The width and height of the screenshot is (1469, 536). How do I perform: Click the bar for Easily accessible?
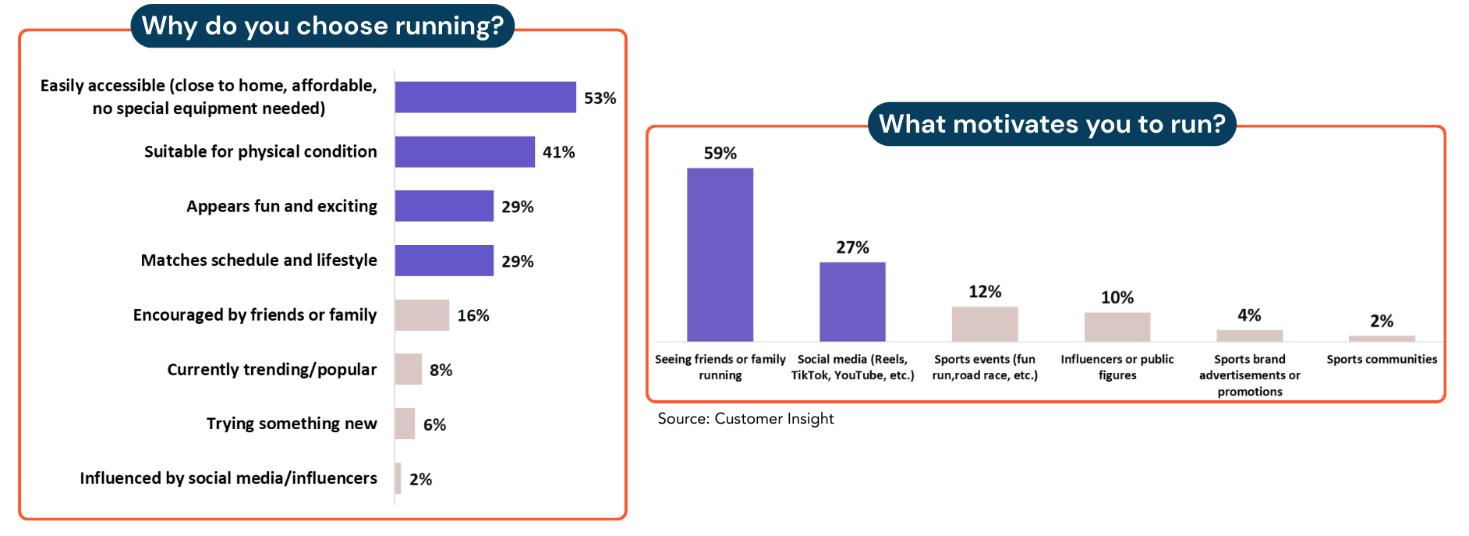click(485, 98)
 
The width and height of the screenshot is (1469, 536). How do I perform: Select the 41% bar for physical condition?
click(465, 152)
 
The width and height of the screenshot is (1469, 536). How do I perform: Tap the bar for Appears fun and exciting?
click(444, 206)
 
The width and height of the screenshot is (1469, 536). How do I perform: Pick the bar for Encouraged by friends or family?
click(422, 315)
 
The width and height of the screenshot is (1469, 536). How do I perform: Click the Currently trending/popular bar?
click(408, 369)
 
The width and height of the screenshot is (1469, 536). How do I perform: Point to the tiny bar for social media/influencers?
click(398, 478)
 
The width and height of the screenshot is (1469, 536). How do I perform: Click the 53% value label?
click(600, 98)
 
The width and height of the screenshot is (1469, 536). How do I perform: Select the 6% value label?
click(434, 424)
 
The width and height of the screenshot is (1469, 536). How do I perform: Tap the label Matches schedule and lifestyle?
click(259, 261)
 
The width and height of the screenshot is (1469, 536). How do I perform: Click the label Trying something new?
click(292, 424)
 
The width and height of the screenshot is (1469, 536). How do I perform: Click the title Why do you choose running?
click(322, 26)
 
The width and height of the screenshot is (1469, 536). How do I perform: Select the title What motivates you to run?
click(1052, 124)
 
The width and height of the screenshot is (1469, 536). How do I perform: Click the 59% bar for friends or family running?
click(720, 254)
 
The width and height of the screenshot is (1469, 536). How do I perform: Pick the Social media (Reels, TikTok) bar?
click(852, 301)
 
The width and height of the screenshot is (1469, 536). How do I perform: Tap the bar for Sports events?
click(985, 324)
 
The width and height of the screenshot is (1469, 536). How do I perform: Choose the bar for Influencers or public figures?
click(1117, 327)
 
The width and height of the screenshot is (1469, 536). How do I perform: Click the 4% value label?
click(1249, 315)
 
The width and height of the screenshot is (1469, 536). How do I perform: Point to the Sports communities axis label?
click(1382, 359)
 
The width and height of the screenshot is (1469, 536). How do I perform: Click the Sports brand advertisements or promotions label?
click(1249, 375)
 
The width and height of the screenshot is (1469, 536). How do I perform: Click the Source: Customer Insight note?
click(745, 419)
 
